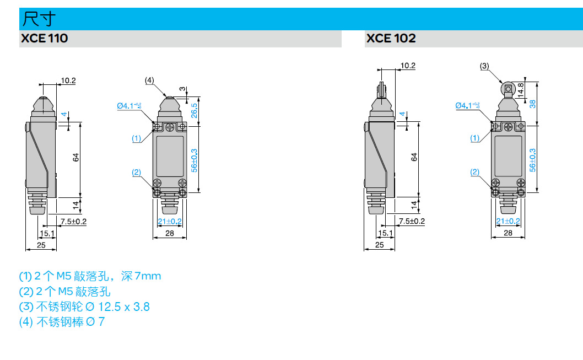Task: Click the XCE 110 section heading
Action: point(44,39)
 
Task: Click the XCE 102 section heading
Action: point(391,39)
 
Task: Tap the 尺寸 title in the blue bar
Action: point(38,19)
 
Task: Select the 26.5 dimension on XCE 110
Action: point(194,110)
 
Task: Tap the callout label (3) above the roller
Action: point(484,66)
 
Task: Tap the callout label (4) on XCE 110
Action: point(149,80)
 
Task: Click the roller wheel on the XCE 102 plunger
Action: point(508,88)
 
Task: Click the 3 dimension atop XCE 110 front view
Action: point(183,90)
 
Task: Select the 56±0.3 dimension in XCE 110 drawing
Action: point(195,159)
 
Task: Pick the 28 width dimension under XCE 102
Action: point(508,233)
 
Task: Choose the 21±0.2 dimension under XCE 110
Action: point(170,222)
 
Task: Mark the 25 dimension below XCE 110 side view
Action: point(41,245)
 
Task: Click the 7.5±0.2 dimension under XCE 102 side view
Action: point(412,222)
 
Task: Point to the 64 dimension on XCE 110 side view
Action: point(76,157)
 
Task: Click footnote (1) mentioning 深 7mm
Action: point(90,276)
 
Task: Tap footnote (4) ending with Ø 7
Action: point(62,322)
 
